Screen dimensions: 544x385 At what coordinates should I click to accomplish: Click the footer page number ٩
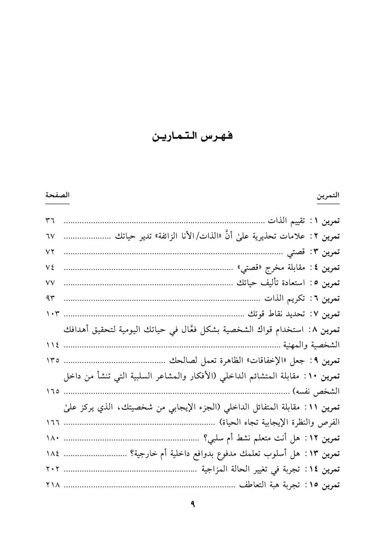(192, 505)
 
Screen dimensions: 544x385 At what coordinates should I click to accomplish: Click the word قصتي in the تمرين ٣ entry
(294, 252)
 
